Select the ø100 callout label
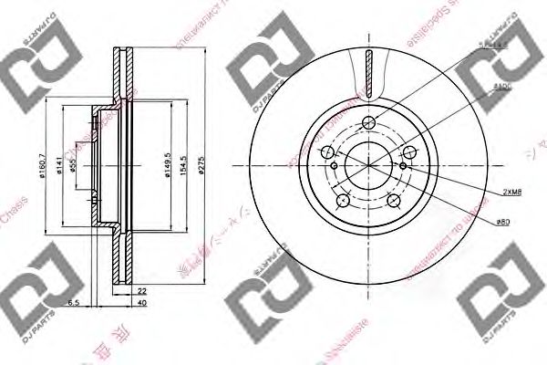click(501, 85)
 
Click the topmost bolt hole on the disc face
click(368, 125)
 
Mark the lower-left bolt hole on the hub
click(343, 200)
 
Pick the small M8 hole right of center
click(403, 166)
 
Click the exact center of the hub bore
click(368, 166)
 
